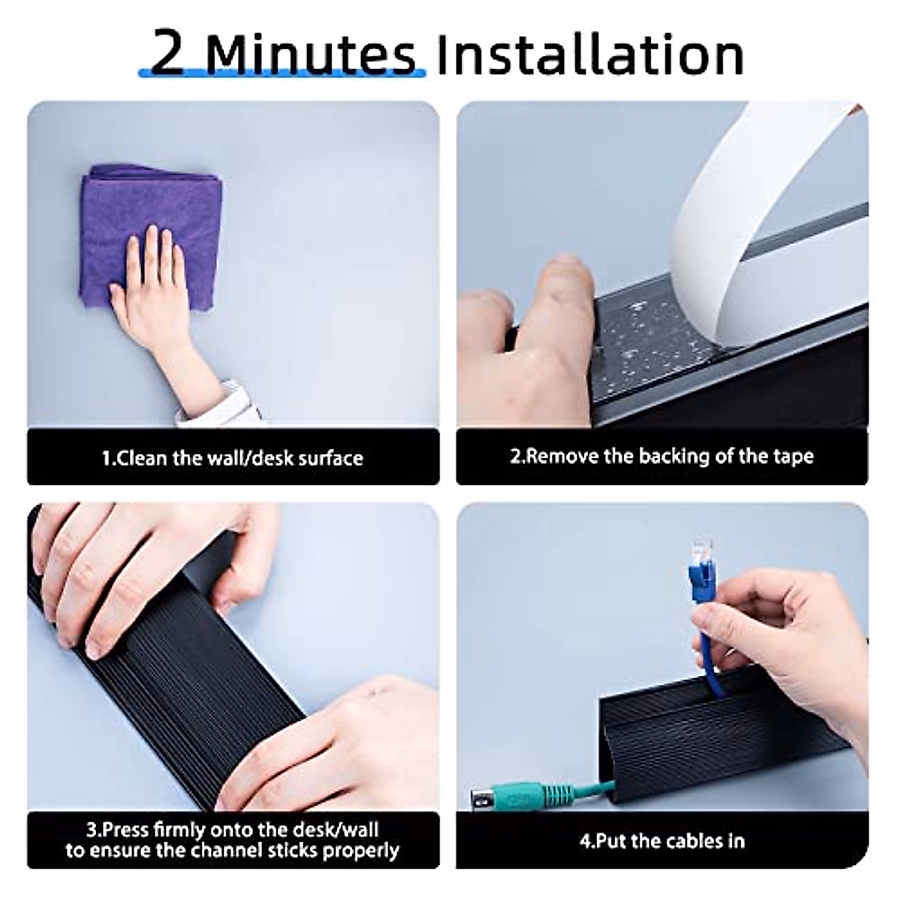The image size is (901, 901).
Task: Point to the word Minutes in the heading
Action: (x=309, y=54)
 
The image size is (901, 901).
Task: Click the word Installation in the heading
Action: (x=589, y=54)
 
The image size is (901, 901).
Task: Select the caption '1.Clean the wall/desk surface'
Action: (x=233, y=458)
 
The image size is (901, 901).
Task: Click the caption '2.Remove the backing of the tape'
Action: (x=661, y=457)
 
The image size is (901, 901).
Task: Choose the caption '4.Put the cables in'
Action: (x=661, y=840)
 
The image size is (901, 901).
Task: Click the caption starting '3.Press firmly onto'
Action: (x=233, y=840)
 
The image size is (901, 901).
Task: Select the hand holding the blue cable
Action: (x=788, y=638)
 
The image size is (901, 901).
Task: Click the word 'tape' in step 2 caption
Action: (x=793, y=457)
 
